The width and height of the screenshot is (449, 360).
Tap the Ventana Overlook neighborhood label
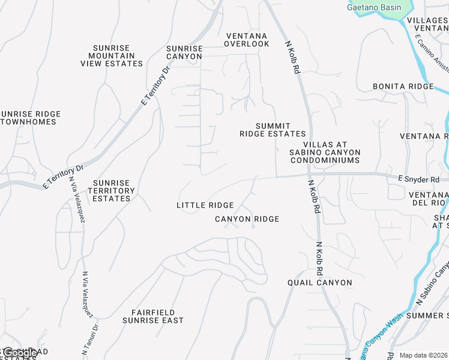coord(247,40)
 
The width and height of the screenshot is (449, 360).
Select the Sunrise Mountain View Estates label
coord(112,56)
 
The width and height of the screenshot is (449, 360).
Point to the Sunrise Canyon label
coord(184,52)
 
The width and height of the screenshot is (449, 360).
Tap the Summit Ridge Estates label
coord(273,130)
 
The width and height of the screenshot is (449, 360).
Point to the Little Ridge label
coord(205,205)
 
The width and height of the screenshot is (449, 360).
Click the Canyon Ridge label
coord(247,219)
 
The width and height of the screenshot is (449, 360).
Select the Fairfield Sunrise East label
coord(152,316)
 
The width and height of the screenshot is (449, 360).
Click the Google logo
coord(20,353)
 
